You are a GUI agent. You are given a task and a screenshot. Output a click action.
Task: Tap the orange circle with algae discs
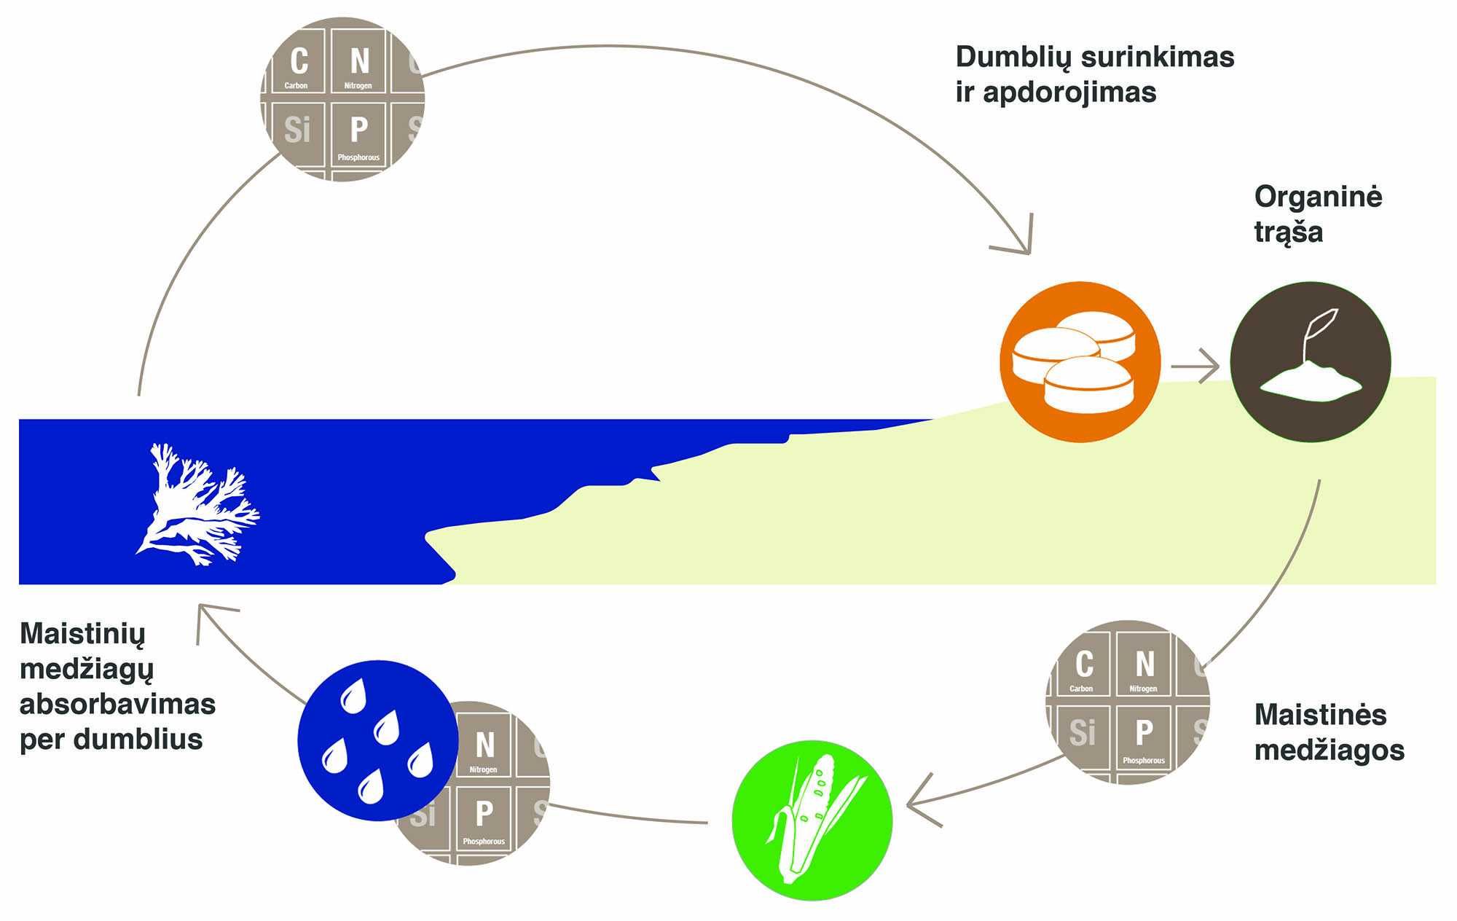point(1080,362)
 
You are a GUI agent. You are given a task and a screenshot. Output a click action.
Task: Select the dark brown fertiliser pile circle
point(1311,362)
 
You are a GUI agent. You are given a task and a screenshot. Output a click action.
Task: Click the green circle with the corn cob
point(812,820)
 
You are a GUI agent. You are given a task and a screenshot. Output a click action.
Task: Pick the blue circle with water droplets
point(377,740)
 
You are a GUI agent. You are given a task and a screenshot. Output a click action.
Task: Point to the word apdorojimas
point(1069,93)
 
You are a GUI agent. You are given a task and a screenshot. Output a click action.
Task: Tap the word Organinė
point(1318,197)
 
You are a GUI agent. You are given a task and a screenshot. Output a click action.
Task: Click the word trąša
point(1288,232)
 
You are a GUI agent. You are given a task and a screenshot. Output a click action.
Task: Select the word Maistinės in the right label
point(1320,715)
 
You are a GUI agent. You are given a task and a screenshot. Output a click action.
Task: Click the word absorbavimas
point(117,704)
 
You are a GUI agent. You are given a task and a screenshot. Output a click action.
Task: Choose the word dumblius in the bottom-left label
point(138,740)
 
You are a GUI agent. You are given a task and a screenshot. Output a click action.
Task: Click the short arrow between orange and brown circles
point(1195,366)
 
